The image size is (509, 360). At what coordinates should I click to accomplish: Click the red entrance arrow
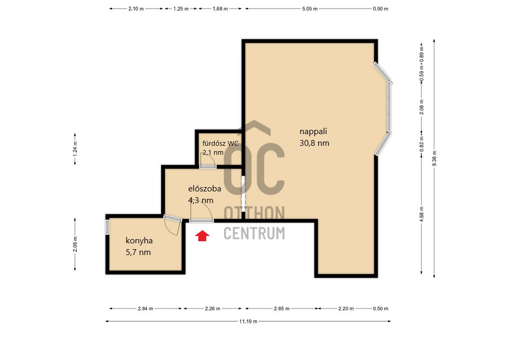click(202, 236)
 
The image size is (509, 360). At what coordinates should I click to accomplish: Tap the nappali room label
click(313, 131)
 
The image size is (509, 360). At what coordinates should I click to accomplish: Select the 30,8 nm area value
click(314, 143)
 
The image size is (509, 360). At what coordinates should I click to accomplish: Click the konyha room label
click(139, 241)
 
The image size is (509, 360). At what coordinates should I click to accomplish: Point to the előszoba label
click(205, 189)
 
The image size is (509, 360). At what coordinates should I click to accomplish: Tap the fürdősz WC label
click(221, 144)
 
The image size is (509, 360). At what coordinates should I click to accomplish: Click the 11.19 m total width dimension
click(248, 321)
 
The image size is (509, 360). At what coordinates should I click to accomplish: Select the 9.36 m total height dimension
click(434, 159)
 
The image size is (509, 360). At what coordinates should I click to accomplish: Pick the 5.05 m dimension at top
click(310, 9)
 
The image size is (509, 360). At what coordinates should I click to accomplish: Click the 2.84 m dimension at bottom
click(145, 309)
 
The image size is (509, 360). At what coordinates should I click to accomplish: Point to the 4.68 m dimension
click(422, 215)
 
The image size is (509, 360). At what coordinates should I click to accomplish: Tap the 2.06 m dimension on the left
click(75, 244)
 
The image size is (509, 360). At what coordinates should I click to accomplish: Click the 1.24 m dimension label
click(75, 149)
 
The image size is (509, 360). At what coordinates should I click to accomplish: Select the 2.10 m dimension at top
click(136, 9)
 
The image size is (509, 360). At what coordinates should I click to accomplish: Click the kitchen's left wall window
click(108, 226)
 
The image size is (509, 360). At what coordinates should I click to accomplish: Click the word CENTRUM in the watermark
click(254, 233)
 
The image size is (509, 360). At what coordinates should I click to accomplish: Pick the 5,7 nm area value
click(138, 252)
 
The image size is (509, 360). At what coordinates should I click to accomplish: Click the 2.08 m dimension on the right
click(422, 107)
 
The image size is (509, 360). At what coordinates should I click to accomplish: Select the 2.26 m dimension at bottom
click(213, 309)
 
